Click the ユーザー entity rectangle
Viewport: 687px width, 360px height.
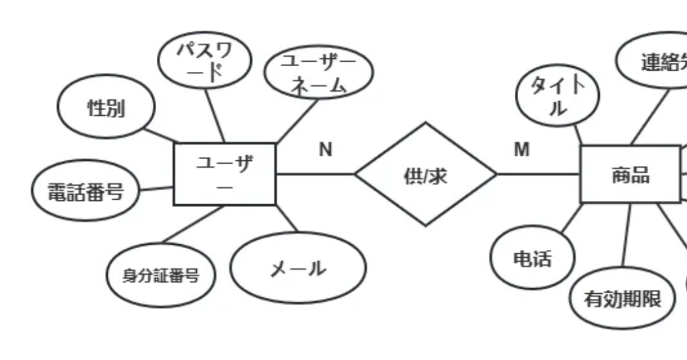pos(224,174)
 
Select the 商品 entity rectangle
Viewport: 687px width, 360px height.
pos(630,175)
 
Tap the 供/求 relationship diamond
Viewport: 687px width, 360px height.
pos(425,175)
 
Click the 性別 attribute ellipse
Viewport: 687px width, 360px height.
pos(106,108)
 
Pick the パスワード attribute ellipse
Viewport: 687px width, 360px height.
pos(204,63)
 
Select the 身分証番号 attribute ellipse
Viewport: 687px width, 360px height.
pos(161,276)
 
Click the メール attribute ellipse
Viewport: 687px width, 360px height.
pos(298,268)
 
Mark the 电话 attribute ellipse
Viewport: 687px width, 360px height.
pos(532,258)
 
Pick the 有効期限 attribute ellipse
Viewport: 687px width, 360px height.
pos(622,298)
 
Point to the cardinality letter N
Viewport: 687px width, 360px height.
pos(325,149)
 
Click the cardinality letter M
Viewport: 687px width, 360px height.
pos(522,149)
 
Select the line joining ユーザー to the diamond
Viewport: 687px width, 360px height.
pos(315,174)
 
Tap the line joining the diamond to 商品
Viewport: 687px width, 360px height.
pos(539,174)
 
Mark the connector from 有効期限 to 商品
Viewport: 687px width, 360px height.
pos(627,235)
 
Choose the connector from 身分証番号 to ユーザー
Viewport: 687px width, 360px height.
pos(193,225)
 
